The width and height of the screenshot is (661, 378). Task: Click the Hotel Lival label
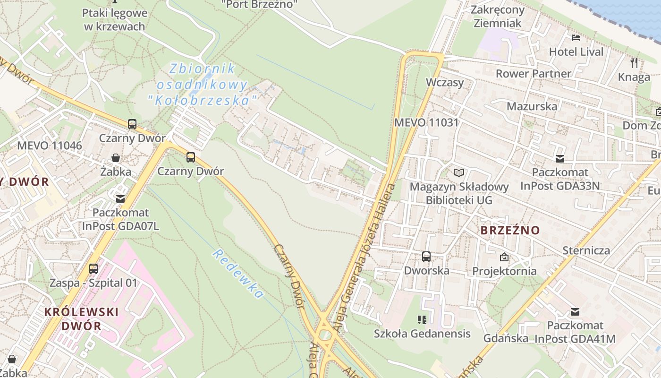pos(576,52)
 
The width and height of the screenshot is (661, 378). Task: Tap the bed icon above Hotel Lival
pos(576,37)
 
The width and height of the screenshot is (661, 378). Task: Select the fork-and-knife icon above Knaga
pos(634,62)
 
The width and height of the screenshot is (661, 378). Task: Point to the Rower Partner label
pos(533,73)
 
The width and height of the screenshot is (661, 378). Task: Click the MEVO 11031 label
pos(426,122)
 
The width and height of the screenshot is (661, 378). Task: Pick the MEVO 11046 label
pos(49,145)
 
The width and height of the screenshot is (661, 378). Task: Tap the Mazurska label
pos(532,106)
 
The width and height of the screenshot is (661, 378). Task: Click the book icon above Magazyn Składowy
pos(459,172)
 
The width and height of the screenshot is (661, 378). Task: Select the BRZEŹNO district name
pos(510,230)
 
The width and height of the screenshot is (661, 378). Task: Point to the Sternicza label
pos(586,250)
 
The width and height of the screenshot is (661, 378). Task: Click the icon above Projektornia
pos(504,257)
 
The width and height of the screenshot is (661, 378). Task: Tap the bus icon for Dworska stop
pos(426,257)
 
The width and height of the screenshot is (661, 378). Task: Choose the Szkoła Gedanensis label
pos(422,333)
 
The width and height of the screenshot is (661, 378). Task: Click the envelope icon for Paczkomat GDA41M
pos(575,311)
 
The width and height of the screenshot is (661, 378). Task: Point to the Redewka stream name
pos(237,274)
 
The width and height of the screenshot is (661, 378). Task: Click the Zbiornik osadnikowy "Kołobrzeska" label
pos(203,85)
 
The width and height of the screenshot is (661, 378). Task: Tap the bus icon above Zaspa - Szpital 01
pos(93,269)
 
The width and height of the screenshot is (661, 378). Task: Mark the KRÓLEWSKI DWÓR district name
pos(81,318)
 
